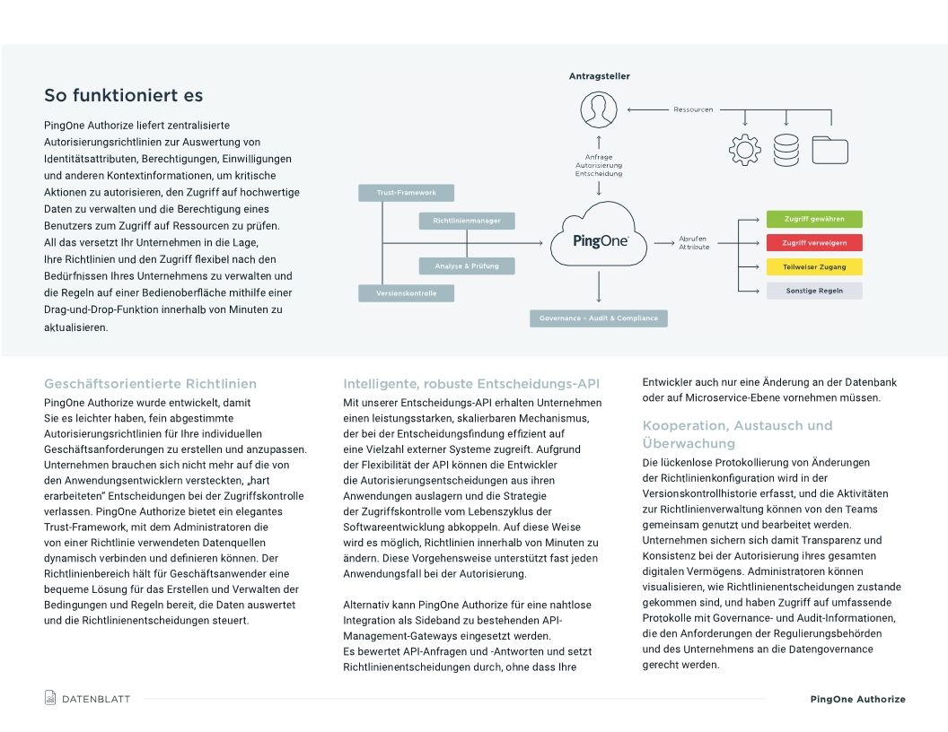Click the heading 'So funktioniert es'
click(x=124, y=96)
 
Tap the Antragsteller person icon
click(x=599, y=110)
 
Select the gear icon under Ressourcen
click(x=744, y=149)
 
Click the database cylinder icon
click(x=786, y=149)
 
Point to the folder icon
click(x=829, y=150)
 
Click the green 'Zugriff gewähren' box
click(x=813, y=220)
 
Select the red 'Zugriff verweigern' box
click(x=813, y=243)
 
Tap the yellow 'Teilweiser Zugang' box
click(x=813, y=266)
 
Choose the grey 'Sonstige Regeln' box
click(x=813, y=291)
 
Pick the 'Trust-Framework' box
click(x=406, y=193)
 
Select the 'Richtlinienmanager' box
click(x=466, y=221)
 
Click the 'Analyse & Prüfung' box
click(x=466, y=266)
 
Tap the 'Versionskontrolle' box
click(x=406, y=293)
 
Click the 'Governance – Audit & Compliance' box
click(x=598, y=318)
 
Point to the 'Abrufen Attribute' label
click(x=694, y=242)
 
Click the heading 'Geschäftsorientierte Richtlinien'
click(x=150, y=384)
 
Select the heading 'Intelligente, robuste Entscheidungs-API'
click(x=472, y=384)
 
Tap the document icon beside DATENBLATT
click(x=50, y=698)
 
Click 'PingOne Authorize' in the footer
click(x=857, y=699)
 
